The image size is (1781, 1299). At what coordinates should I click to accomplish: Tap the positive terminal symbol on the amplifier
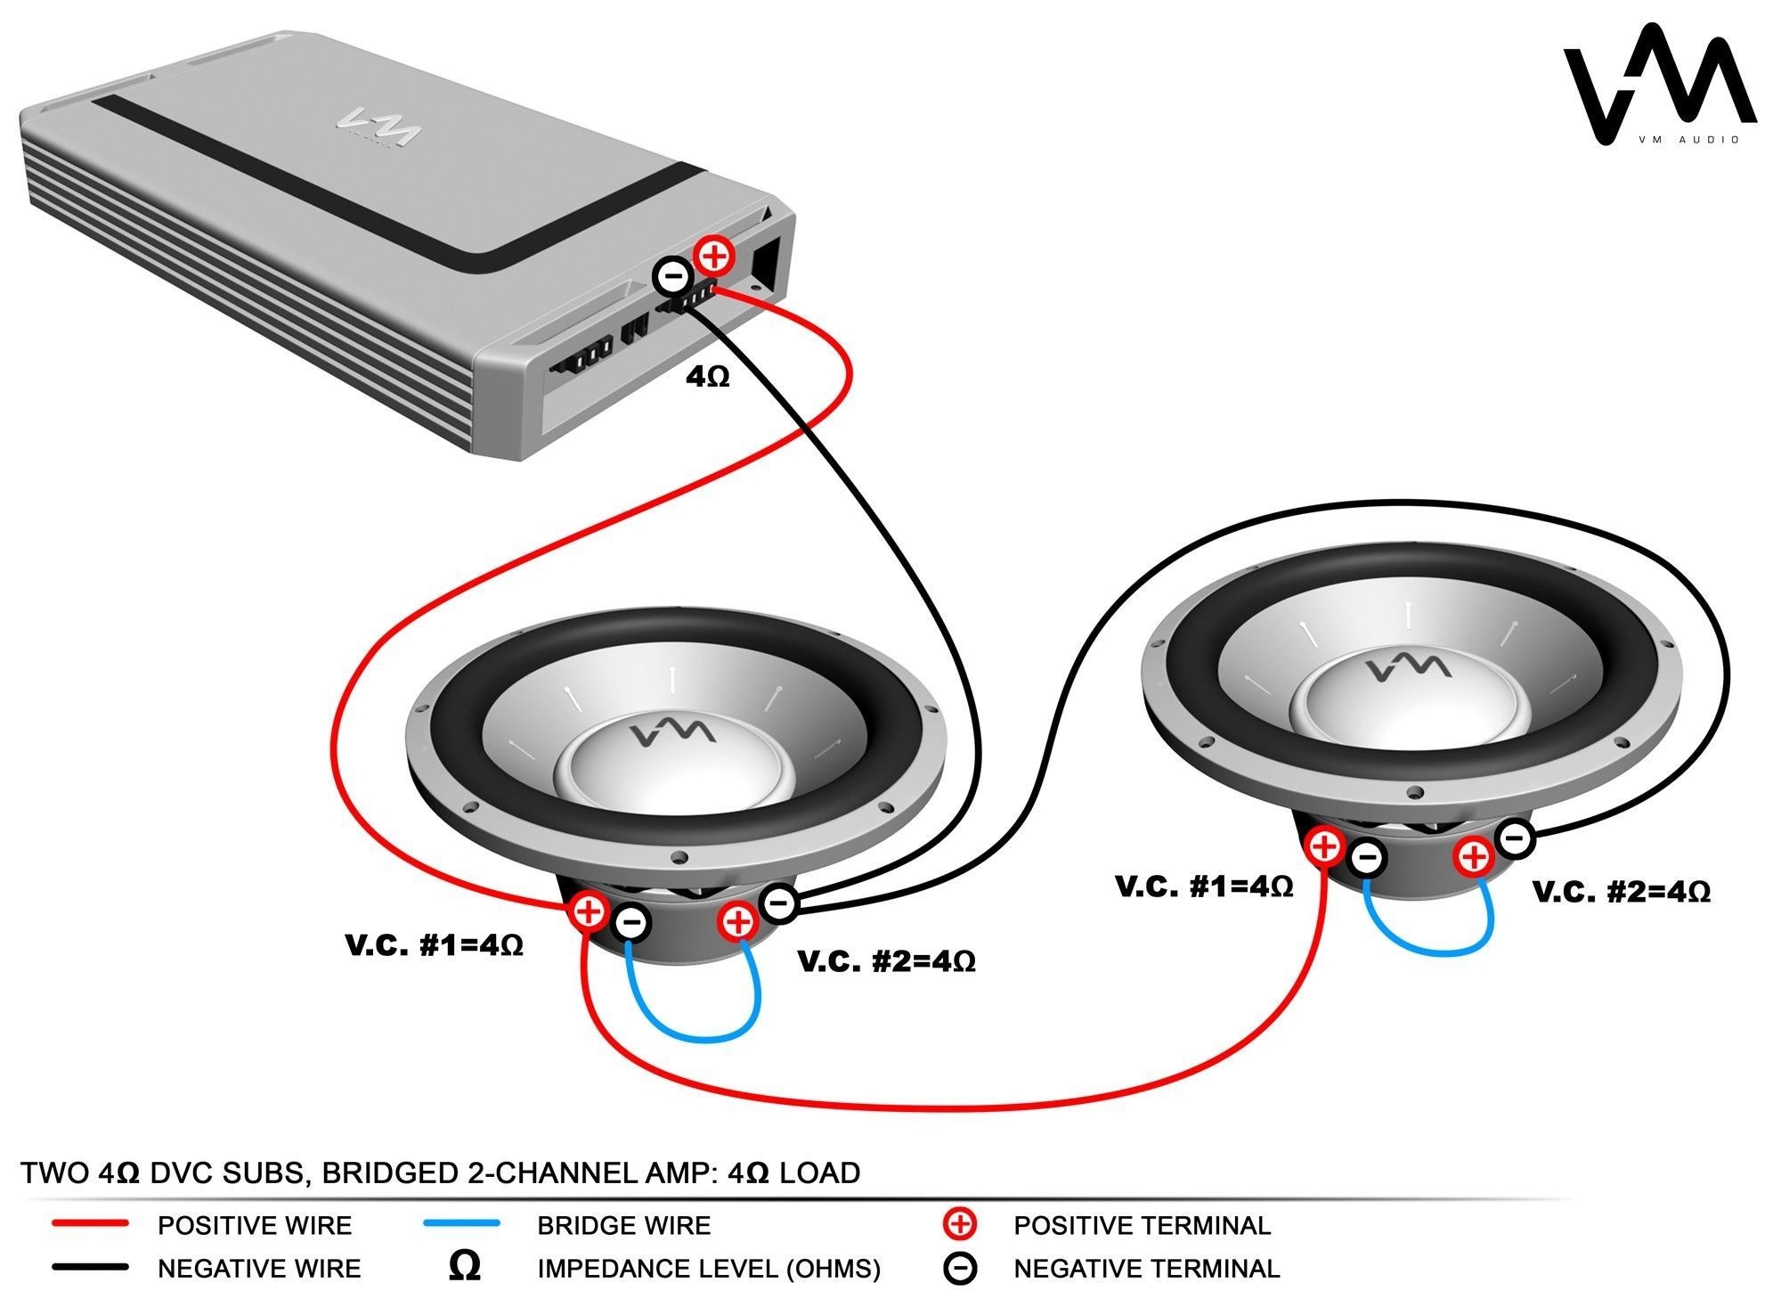point(713,257)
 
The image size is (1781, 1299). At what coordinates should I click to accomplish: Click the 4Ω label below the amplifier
point(708,378)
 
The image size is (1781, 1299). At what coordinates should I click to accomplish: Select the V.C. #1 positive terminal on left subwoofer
point(589,911)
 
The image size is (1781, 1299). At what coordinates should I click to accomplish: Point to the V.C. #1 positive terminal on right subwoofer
point(1325,845)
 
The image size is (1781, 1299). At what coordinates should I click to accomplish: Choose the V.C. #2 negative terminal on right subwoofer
point(1515,837)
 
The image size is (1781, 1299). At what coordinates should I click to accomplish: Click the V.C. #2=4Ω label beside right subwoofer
point(1621,892)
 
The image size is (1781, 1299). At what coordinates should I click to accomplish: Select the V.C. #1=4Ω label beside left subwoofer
point(434,945)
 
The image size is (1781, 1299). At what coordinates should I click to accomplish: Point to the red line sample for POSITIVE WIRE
point(90,1224)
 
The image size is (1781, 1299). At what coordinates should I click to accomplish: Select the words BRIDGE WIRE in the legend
point(623,1226)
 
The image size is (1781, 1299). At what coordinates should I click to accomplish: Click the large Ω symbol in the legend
point(464,1267)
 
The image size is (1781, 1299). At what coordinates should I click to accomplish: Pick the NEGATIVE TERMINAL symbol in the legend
point(961,1269)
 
